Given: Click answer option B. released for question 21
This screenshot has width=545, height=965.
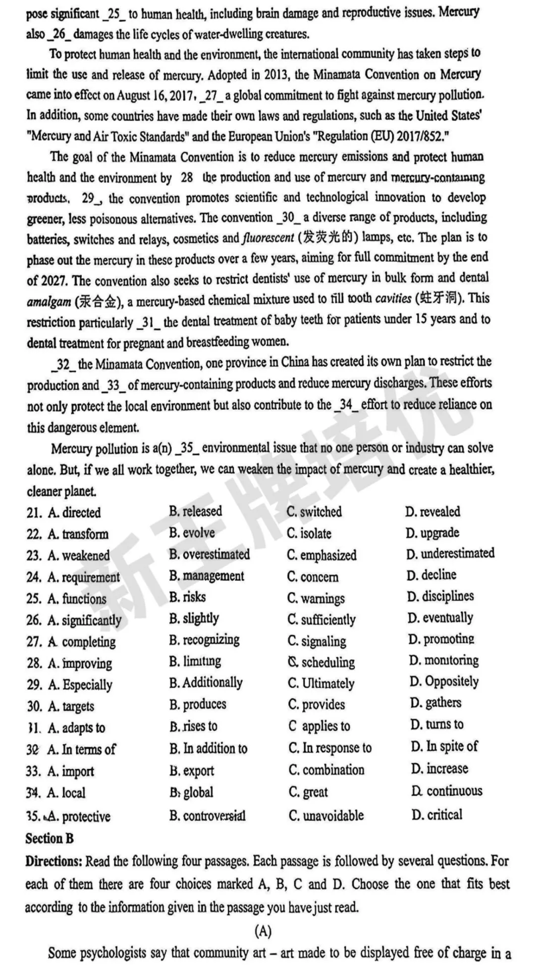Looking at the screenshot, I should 195,511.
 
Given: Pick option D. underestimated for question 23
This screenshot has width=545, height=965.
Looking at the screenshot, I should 450,554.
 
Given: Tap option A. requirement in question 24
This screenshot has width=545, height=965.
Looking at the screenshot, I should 83,577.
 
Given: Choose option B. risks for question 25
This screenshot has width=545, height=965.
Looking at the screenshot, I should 187,597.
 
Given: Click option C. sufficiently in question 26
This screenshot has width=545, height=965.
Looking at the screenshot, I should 321,619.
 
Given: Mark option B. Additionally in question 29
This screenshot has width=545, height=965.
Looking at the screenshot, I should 206,683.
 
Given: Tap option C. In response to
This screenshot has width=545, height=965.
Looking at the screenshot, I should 330,748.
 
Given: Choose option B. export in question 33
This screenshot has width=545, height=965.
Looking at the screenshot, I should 192,771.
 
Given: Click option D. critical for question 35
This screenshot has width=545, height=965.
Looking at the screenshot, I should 437,814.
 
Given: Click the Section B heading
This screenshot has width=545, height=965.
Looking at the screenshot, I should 49,839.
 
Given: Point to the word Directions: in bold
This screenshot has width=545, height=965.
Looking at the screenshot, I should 53,861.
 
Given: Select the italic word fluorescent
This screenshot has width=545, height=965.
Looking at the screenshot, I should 267,238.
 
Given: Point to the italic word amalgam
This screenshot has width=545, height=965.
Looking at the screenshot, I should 48,302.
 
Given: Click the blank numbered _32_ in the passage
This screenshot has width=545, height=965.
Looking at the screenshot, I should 63,364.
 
